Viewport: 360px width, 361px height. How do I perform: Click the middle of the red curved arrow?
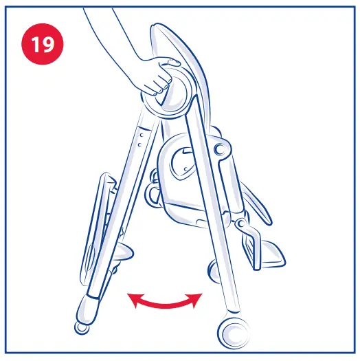166,305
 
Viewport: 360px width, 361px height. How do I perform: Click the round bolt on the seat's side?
240,224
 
